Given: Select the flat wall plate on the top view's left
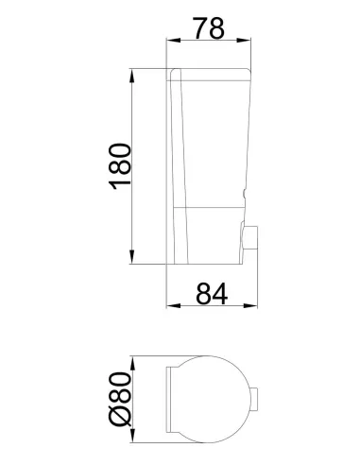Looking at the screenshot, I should click(x=170, y=404).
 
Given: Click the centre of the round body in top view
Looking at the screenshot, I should click(x=210, y=404).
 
